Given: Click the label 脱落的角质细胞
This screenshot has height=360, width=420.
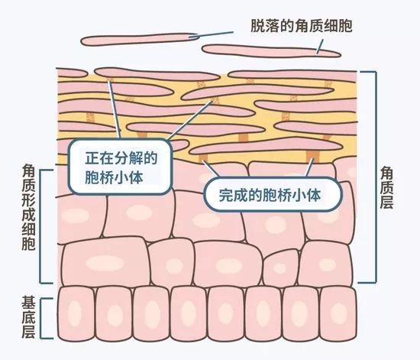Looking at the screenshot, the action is coord(302,26).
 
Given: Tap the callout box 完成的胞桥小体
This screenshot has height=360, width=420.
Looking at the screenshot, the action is coord(273,195).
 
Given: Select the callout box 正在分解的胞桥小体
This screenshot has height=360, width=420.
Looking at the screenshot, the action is coord(120,167).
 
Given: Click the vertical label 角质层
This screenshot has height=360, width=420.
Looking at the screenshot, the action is coord(386,187).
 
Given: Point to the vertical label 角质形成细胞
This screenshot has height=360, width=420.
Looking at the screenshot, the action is coord(29,207).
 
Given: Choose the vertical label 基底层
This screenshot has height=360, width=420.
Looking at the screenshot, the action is coord(29,317).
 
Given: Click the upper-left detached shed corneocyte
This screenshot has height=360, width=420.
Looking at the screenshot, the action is coord(140,40).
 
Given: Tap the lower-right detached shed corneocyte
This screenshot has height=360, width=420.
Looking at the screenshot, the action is coord(271,51).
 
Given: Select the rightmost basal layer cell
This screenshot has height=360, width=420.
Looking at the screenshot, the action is coord(338,313).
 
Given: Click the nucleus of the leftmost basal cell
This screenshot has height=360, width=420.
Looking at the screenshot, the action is coord(74,313).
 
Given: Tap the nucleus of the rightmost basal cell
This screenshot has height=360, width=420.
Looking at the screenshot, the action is coord(338,313).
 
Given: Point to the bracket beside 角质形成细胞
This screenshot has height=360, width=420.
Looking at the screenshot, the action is coord(40,226).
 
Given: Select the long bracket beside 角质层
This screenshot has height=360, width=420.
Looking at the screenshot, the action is coord(375,177).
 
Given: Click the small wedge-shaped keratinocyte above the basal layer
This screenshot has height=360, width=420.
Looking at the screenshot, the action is coord(280,268).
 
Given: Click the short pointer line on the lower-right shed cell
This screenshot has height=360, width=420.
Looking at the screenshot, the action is coord(320,47).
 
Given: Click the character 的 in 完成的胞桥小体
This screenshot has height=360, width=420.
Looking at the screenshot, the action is coord(254,195).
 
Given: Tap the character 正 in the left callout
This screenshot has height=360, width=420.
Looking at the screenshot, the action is coord(92,158).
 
